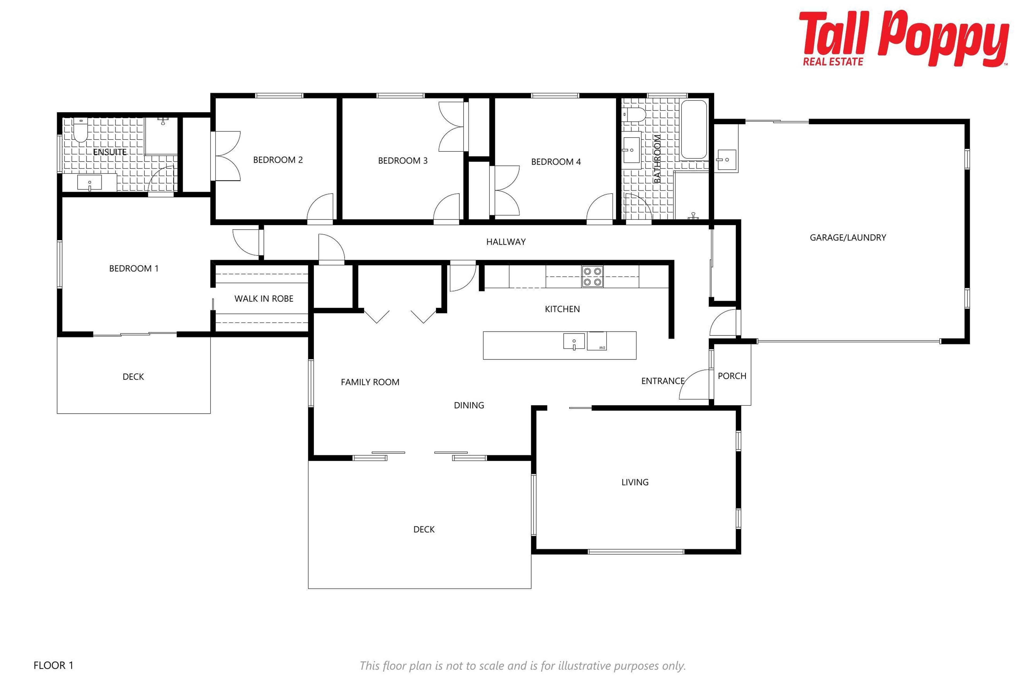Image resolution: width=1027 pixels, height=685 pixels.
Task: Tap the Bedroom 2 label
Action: pos(278,160)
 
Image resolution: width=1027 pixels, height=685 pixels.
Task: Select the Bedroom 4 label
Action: pos(556,162)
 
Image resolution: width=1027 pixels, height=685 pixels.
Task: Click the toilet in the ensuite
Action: pos(80,130)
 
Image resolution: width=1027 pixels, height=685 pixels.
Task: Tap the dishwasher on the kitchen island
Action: pos(597,341)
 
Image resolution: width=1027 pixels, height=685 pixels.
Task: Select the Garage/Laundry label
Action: pos(848,238)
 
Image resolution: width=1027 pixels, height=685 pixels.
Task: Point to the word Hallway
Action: pos(506,242)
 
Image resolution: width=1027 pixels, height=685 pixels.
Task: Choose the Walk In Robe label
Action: pos(264,299)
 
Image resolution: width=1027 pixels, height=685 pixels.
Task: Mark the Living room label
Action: pos(635,482)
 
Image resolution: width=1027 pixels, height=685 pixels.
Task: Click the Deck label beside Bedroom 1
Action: pos(133,376)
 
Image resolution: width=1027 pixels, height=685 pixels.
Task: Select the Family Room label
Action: pos(370,382)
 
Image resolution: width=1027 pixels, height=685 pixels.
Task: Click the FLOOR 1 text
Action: pos(53,665)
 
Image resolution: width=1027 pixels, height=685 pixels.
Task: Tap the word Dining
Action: pos(469,405)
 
